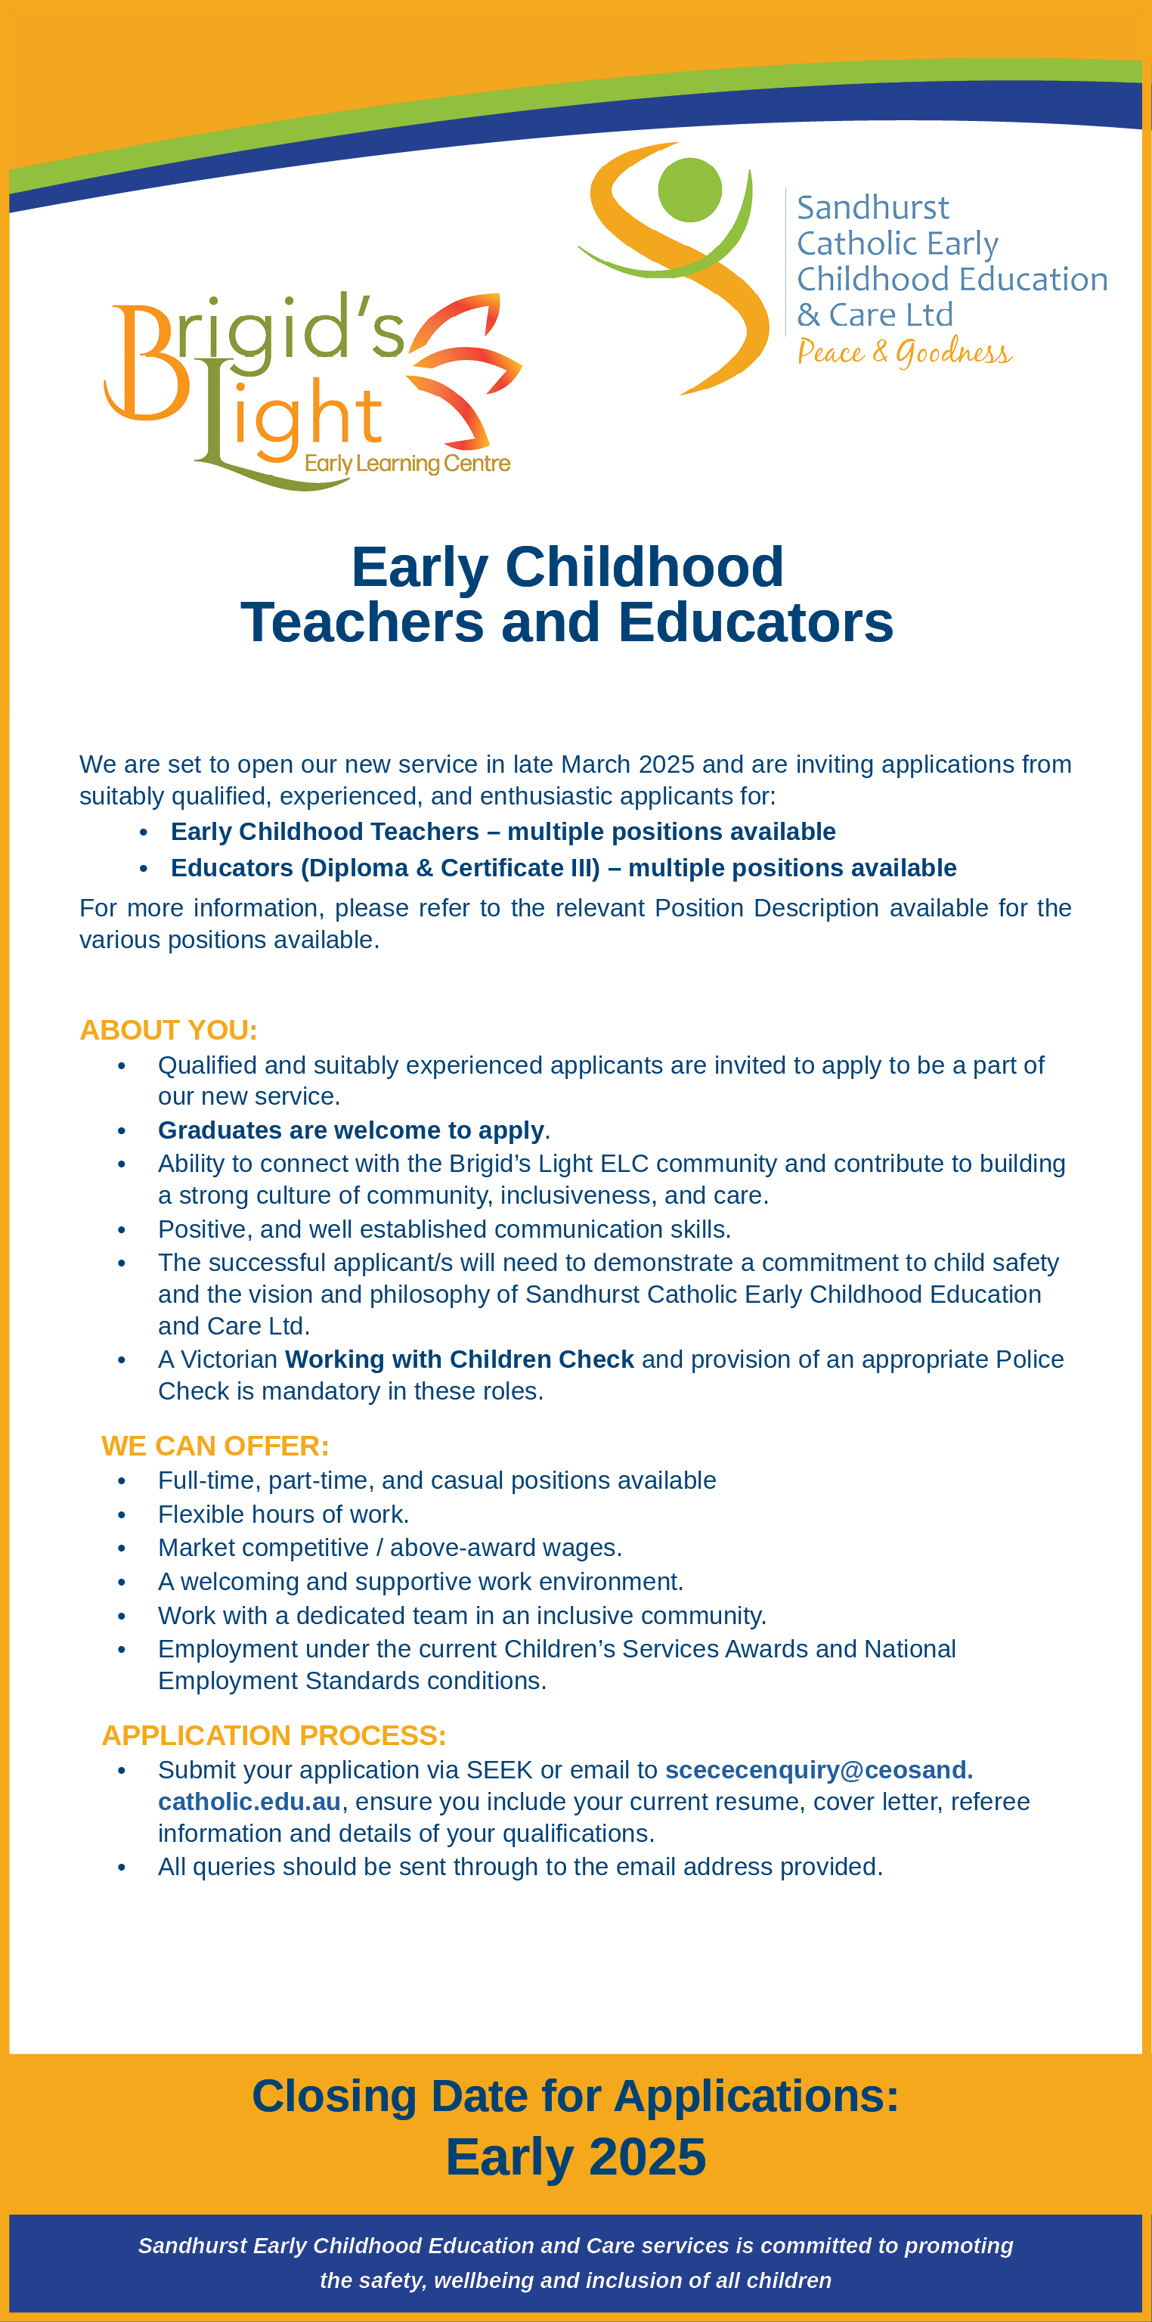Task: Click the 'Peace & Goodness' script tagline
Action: coord(904,352)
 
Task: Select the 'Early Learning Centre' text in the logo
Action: coord(407,463)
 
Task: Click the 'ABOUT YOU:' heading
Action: coord(169,1029)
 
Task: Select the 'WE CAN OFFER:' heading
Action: coord(215,1446)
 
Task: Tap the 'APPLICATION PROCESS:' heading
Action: coord(274,1735)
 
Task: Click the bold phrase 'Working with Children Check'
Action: coord(459,1359)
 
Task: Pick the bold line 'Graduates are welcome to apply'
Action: coord(351,1130)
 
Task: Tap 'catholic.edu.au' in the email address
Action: coord(249,1802)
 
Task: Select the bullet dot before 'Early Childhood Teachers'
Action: coord(144,832)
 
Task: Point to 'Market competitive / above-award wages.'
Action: coord(389,1548)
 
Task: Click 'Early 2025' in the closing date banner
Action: coord(575,2157)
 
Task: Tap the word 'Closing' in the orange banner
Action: coord(333,2096)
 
